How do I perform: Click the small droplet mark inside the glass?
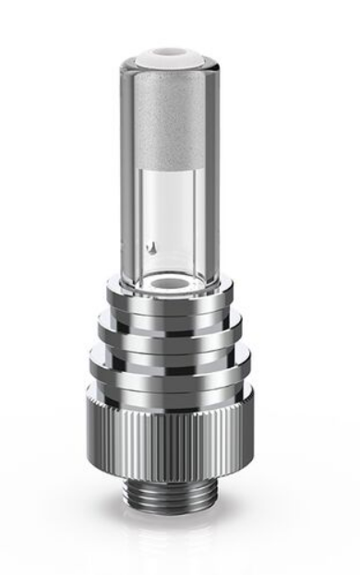click(x=155, y=246)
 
